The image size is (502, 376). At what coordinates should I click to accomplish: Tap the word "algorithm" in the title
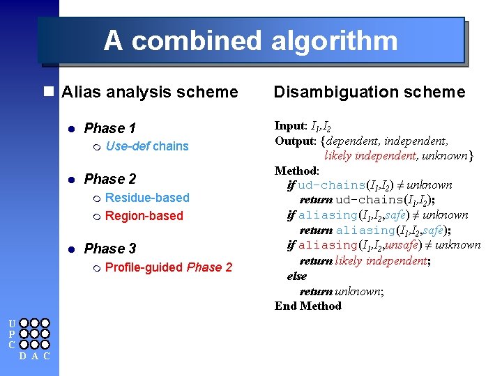pos(333,41)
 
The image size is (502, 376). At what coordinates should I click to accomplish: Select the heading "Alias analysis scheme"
pos(149,92)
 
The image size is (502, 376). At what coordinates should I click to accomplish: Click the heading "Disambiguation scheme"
pos(369,92)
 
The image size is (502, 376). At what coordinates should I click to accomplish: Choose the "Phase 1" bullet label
pos(109,128)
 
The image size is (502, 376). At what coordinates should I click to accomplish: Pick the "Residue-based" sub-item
pos(146,198)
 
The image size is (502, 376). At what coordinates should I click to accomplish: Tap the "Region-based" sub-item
pos(144,216)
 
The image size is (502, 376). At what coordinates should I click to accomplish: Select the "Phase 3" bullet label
pos(109,249)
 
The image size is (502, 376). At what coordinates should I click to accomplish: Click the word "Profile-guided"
pos(144,267)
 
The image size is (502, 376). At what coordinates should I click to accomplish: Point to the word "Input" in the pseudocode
pos(289,126)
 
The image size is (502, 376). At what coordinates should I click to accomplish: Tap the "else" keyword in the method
pos(296,276)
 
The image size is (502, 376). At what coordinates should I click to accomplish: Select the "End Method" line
pos(307,306)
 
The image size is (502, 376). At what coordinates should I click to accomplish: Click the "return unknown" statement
pos(341,291)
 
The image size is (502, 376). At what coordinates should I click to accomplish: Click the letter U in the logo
pos(12,323)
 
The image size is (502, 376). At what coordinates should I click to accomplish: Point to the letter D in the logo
pos(23,357)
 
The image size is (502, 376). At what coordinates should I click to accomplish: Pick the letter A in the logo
pos(34,357)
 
